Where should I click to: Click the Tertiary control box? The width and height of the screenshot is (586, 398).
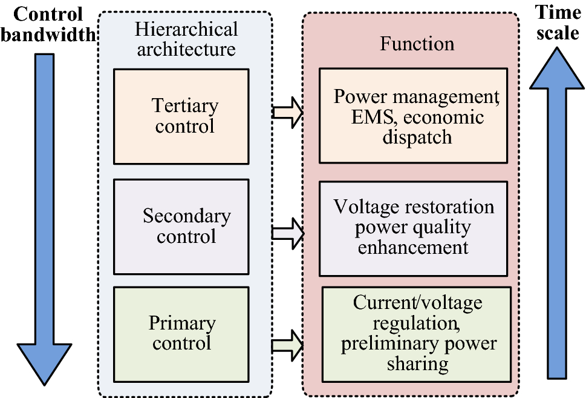click(x=181, y=116)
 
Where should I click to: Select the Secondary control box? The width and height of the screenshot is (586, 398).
click(x=181, y=226)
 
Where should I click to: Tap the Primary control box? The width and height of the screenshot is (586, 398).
click(x=181, y=334)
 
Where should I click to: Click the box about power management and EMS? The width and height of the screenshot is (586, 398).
click(x=413, y=116)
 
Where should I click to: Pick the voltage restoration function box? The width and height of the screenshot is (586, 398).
click(x=413, y=228)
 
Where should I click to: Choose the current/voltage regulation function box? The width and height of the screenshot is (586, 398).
click(x=417, y=334)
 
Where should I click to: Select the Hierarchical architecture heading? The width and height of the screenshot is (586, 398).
click(x=186, y=39)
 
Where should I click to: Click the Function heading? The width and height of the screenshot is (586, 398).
click(x=417, y=44)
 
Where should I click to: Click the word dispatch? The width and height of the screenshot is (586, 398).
click(x=417, y=137)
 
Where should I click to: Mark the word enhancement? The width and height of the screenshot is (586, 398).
click(x=413, y=248)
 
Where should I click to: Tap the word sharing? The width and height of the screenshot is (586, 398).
click(x=417, y=363)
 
